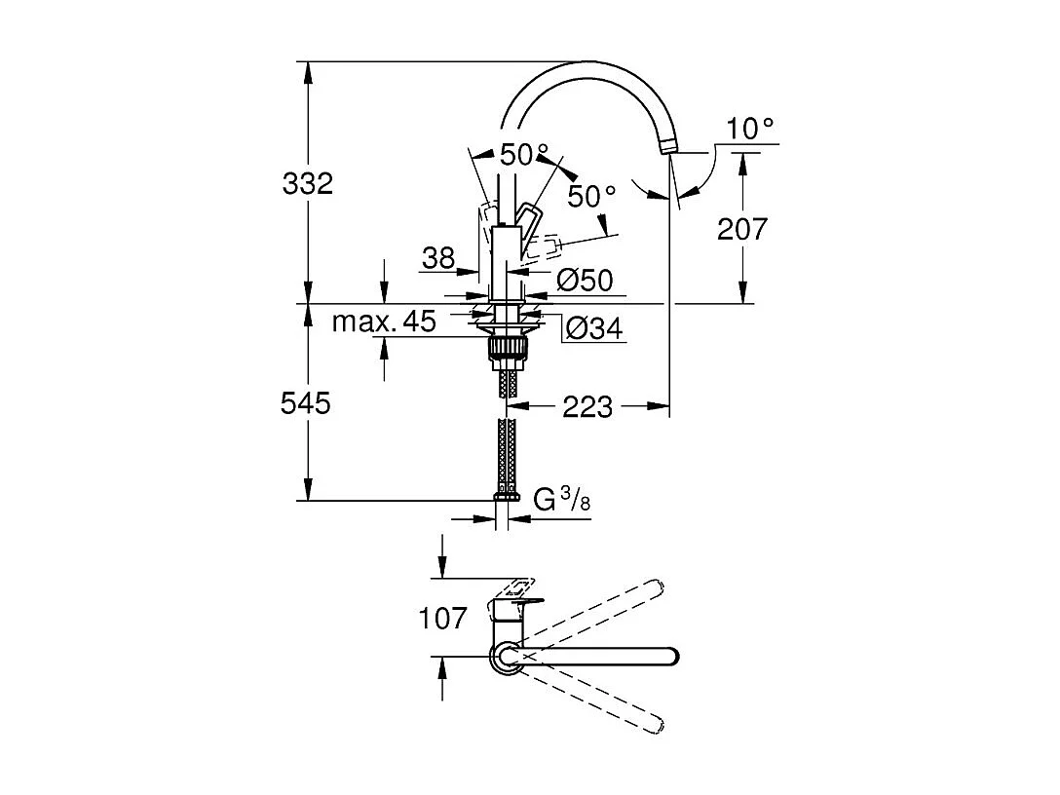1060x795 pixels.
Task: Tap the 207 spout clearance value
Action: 742,229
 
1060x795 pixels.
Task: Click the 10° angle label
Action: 750,128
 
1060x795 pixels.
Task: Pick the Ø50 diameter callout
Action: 585,281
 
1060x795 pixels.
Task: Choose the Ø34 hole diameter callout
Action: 592,328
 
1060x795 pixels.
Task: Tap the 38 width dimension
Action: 438,258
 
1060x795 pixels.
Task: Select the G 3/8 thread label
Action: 563,501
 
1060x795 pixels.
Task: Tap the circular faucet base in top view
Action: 505,658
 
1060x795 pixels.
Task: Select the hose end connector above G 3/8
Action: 505,496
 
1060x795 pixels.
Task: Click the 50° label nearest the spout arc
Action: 592,196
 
